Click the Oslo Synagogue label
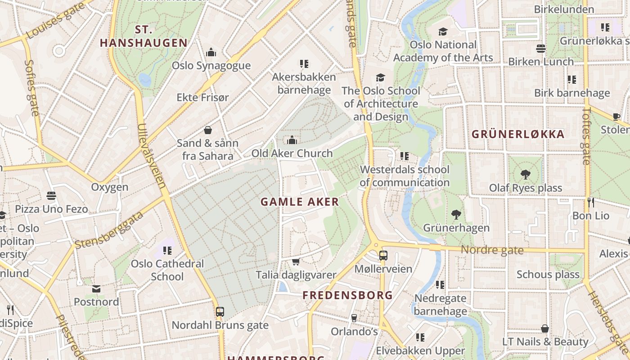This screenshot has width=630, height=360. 211,66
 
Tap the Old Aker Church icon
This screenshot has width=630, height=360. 292,140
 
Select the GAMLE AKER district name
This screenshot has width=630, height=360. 300,202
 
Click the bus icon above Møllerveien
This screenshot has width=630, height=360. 383,256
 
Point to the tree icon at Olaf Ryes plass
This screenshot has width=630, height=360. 525,175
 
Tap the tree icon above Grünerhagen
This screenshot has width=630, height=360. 456,215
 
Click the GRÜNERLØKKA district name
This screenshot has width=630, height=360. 517,134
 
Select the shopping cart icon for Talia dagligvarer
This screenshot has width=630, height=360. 296,262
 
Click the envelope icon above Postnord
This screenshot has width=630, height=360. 96,288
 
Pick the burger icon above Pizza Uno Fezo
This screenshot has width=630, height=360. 51,196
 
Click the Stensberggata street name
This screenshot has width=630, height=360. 109,230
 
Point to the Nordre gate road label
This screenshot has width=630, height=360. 492,250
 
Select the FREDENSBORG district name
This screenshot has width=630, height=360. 347,296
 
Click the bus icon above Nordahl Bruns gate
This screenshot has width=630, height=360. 220,311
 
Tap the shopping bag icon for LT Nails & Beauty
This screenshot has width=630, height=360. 545,328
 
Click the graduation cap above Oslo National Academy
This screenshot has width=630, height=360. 443,31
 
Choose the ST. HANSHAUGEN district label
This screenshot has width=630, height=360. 144,36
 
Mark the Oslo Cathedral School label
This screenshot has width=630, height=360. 167,270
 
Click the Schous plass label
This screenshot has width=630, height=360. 548,274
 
